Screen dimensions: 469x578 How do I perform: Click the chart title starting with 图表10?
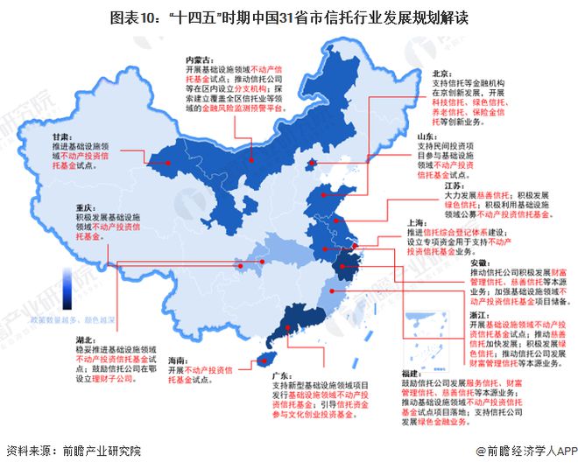click(290, 17)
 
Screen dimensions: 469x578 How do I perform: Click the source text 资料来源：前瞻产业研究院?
click(73, 451)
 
